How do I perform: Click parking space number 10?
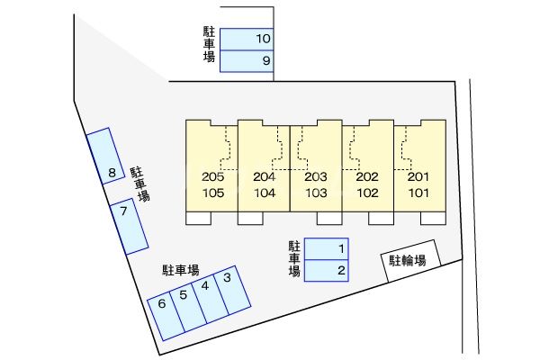coord(247,39)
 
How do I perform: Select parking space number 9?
coord(247,61)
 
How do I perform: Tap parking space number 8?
coord(107,158)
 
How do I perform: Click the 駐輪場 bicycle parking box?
coord(410,261)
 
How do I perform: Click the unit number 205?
coord(212,177)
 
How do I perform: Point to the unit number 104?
coord(265,193)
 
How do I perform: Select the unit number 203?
coord(316,177)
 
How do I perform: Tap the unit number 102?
coord(367,193)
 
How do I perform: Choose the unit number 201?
coord(418,177)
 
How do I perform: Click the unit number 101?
coord(418,193)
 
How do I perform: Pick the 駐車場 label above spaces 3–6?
coord(181,269)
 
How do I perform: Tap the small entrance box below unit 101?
coord(434,219)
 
